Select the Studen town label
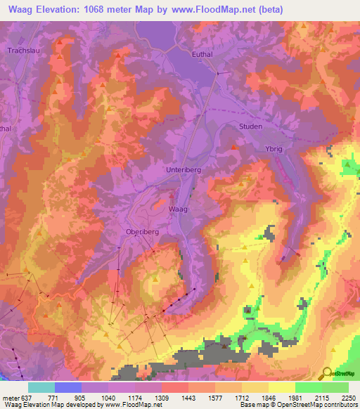250,126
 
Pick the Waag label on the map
178,209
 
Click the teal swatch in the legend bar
41,387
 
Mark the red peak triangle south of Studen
234,147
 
